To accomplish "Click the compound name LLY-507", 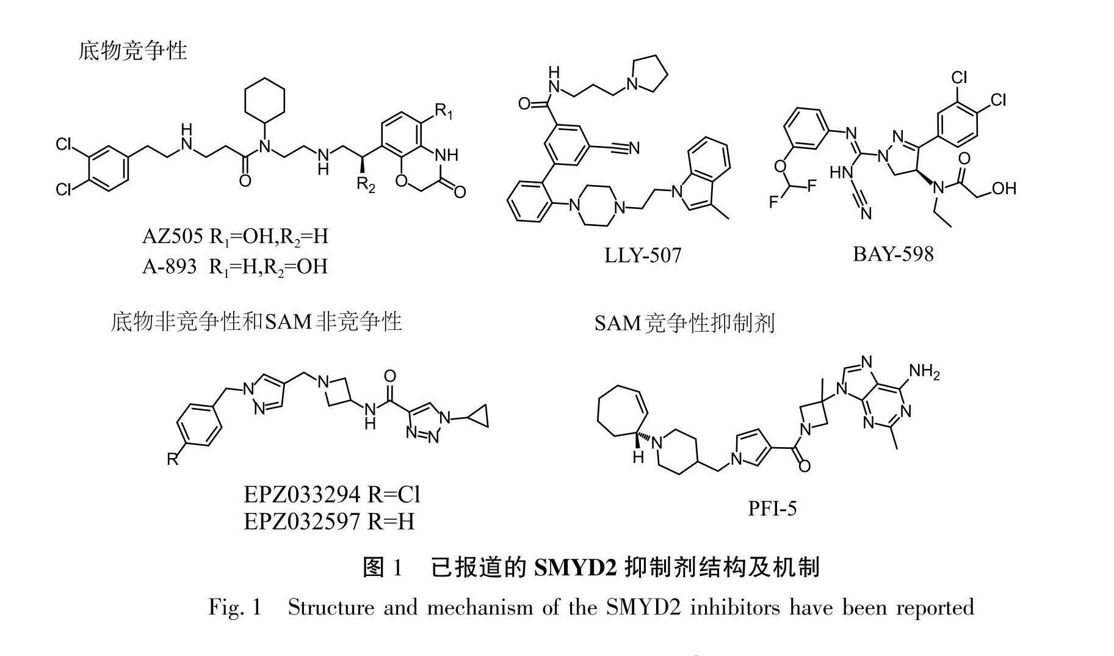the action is coord(642,255).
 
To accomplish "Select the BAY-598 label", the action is coord(893,253).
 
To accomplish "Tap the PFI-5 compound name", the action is coord(772,508).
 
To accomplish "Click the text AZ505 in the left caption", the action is coord(172,236).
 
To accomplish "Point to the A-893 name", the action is coord(169,266).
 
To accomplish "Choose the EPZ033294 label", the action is coord(302,494).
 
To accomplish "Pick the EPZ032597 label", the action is coord(302,521).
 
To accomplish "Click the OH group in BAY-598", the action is coord(1003,188).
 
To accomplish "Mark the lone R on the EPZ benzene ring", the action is coord(173,459).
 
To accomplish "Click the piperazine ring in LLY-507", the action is coord(596,206).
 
